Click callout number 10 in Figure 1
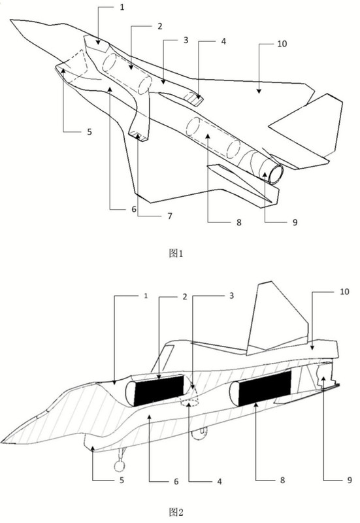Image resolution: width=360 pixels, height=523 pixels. click(x=282, y=44)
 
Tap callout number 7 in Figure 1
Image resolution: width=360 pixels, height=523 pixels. click(x=170, y=216)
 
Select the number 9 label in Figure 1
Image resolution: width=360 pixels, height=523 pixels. click(x=295, y=222)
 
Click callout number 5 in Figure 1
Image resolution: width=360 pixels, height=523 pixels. click(x=90, y=132)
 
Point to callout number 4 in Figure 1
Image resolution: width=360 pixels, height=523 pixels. click(x=223, y=41)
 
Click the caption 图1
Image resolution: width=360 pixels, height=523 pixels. click(x=176, y=254)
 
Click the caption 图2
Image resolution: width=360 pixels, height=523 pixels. click(x=176, y=512)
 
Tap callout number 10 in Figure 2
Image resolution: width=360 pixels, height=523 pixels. click(x=344, y=292)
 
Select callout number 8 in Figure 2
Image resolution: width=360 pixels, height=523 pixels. click(x=282, y=480)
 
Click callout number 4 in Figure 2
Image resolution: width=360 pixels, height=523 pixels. click(x=220, y=481)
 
